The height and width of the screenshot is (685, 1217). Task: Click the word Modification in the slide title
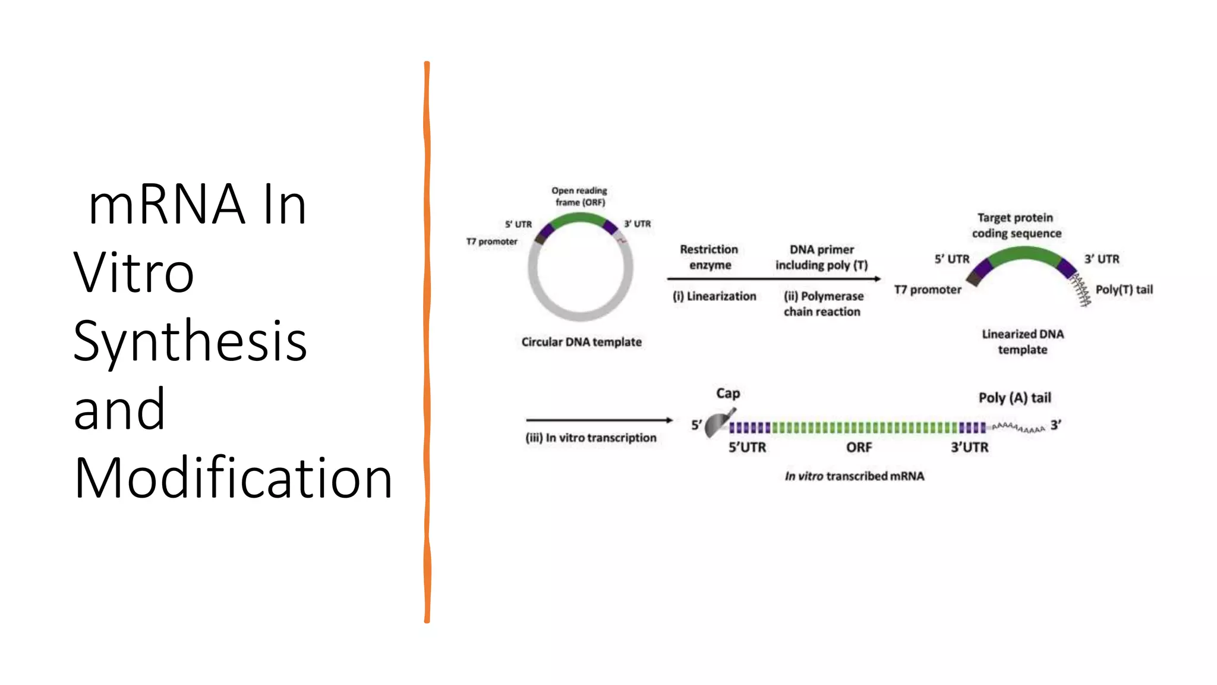point(233,477)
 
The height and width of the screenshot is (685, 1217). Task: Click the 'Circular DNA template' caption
point(581,342)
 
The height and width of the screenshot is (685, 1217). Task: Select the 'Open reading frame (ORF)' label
point(579,196)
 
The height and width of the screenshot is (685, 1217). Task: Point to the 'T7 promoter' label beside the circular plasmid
point(491,241)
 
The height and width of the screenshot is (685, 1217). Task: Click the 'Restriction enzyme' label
point(709,257)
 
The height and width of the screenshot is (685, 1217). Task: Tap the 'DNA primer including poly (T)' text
point(821,257)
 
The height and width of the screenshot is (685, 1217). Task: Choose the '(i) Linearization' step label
point(714,296)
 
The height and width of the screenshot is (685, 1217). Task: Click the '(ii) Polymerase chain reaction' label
point(823,303)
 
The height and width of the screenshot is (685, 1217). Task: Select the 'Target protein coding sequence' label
point(1016,225)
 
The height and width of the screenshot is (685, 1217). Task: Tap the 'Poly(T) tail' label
point(1124,290)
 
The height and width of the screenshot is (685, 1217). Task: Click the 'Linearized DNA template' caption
point(1022,341)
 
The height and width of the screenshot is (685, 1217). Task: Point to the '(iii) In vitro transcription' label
point(591,438)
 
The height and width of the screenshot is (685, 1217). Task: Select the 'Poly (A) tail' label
point(1014,398)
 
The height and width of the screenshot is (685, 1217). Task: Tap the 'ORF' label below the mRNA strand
point(859,447)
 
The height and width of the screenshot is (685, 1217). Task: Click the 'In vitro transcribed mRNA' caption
point(854,476)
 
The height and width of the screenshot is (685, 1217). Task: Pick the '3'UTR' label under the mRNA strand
point(969,447)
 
